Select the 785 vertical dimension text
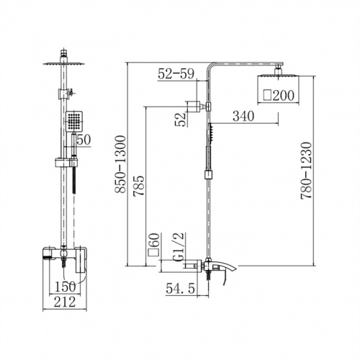click(139, 186)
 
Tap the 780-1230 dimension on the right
click(306, 171)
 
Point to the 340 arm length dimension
click(243, 116)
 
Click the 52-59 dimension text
click(176, 73)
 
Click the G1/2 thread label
click(179, 246)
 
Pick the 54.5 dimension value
click(180, 288)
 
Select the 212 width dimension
click(65, 302)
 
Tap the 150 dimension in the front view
click(66, 287)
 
